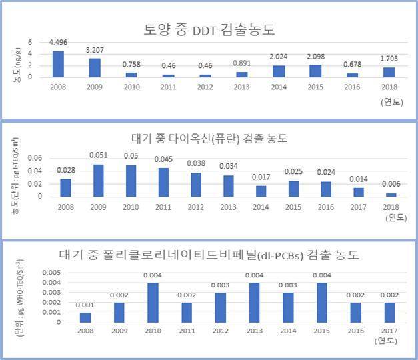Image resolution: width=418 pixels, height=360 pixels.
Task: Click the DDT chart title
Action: [209, 29]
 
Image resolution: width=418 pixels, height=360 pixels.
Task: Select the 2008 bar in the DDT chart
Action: [58, 64]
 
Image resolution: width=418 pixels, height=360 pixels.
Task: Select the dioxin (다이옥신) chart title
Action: [209, 139]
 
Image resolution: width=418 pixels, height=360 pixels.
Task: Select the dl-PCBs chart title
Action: [209, 255]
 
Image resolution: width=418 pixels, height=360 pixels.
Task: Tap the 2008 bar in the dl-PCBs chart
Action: [85, 317]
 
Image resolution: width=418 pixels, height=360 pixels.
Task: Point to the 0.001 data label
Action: [85, 305]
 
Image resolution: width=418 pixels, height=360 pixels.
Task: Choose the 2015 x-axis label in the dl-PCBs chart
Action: [321, 331]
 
